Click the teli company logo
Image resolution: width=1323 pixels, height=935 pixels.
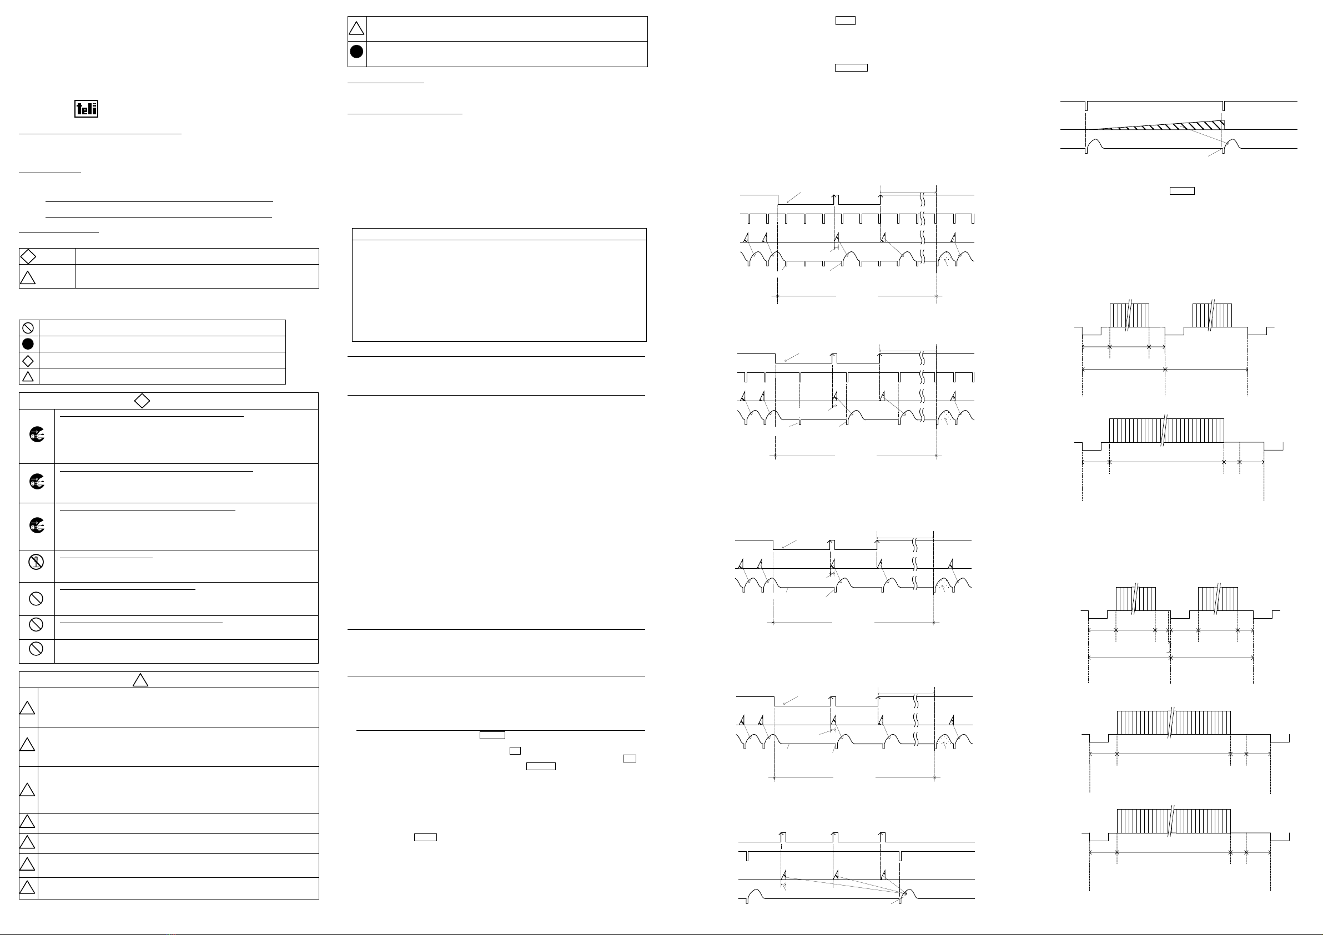(x=86, y=109)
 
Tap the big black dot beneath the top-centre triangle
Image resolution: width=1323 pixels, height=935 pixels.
(x=356, y=51)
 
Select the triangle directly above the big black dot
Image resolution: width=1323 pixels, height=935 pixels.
(x=356, y=28)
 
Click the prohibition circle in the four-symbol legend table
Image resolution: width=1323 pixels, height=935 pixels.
(x=28, y=328)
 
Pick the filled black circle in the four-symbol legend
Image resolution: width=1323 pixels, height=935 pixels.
(x=28, y=344)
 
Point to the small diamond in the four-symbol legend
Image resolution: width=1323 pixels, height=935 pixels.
(x=28, y=361)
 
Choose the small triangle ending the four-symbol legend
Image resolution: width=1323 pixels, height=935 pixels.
(x=28, y=377)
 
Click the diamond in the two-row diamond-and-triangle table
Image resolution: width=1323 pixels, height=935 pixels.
(x=28, y=256)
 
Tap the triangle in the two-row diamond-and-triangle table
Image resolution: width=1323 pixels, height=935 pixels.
(x=28, y=277)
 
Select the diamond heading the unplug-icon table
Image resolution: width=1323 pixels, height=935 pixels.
(x=142, y=401)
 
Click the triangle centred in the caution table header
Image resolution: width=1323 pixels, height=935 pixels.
(x=140, y=680)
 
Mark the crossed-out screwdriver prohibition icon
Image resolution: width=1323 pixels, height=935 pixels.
(x=36, y=561)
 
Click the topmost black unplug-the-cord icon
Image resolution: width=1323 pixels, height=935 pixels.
(x=37, y=435)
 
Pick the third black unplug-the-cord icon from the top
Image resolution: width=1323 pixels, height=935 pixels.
(x=37, y=525)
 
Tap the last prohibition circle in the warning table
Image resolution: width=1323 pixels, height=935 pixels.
(x=36, y=649)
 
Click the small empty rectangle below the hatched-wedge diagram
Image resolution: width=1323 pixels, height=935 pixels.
(x=1181, y=191)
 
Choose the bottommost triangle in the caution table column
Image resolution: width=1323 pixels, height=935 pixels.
(x=27, y=887)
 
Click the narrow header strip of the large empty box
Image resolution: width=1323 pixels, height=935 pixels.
(x=499, y=234)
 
